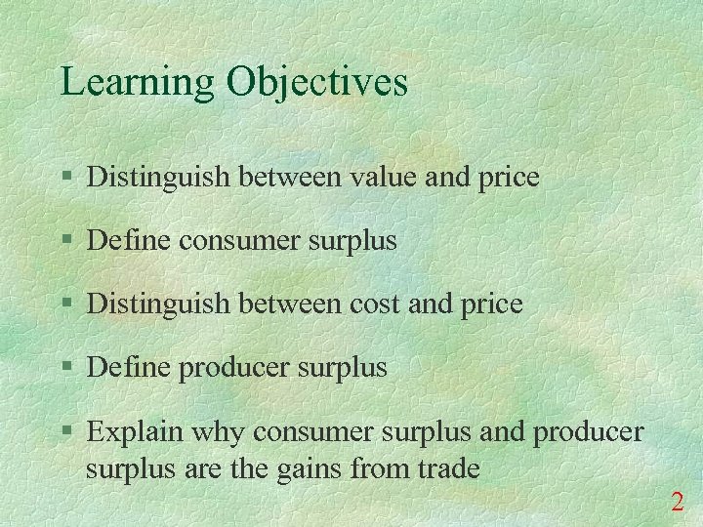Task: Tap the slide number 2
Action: [x=677, y=503]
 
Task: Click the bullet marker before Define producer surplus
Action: [x=65, y=368]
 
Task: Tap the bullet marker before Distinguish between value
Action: [x=65, y=178]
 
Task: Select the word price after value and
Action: [x=505, y=177]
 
